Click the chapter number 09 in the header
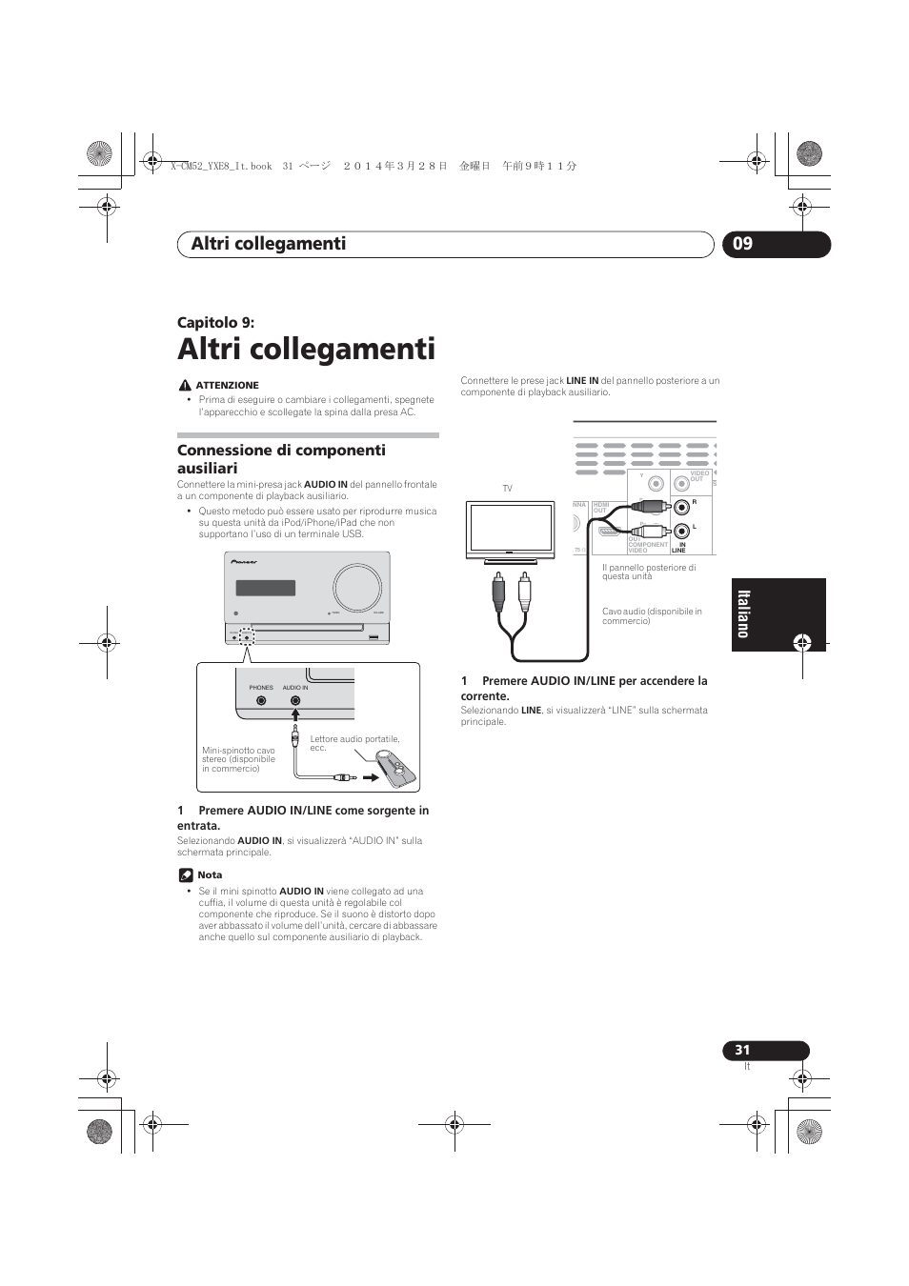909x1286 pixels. click(743, 244)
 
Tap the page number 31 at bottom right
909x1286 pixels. click(742, 1050)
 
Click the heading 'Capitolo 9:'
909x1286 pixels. click(215, 322)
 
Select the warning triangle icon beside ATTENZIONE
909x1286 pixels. click(184, 385)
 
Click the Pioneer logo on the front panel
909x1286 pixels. click(245, 561)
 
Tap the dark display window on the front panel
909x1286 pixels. click(265, 588)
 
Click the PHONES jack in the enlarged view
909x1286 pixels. click(261, 701)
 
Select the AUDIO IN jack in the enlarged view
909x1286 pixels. click(295, 701)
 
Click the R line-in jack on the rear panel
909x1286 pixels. click(681, 508)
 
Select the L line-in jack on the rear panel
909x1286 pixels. click(681, 532)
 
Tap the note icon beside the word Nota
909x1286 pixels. click(185, 874)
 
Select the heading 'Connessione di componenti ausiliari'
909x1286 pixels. click(281, 458)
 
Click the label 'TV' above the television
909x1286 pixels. click(507, 489)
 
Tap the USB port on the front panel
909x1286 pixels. click(373, 637)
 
